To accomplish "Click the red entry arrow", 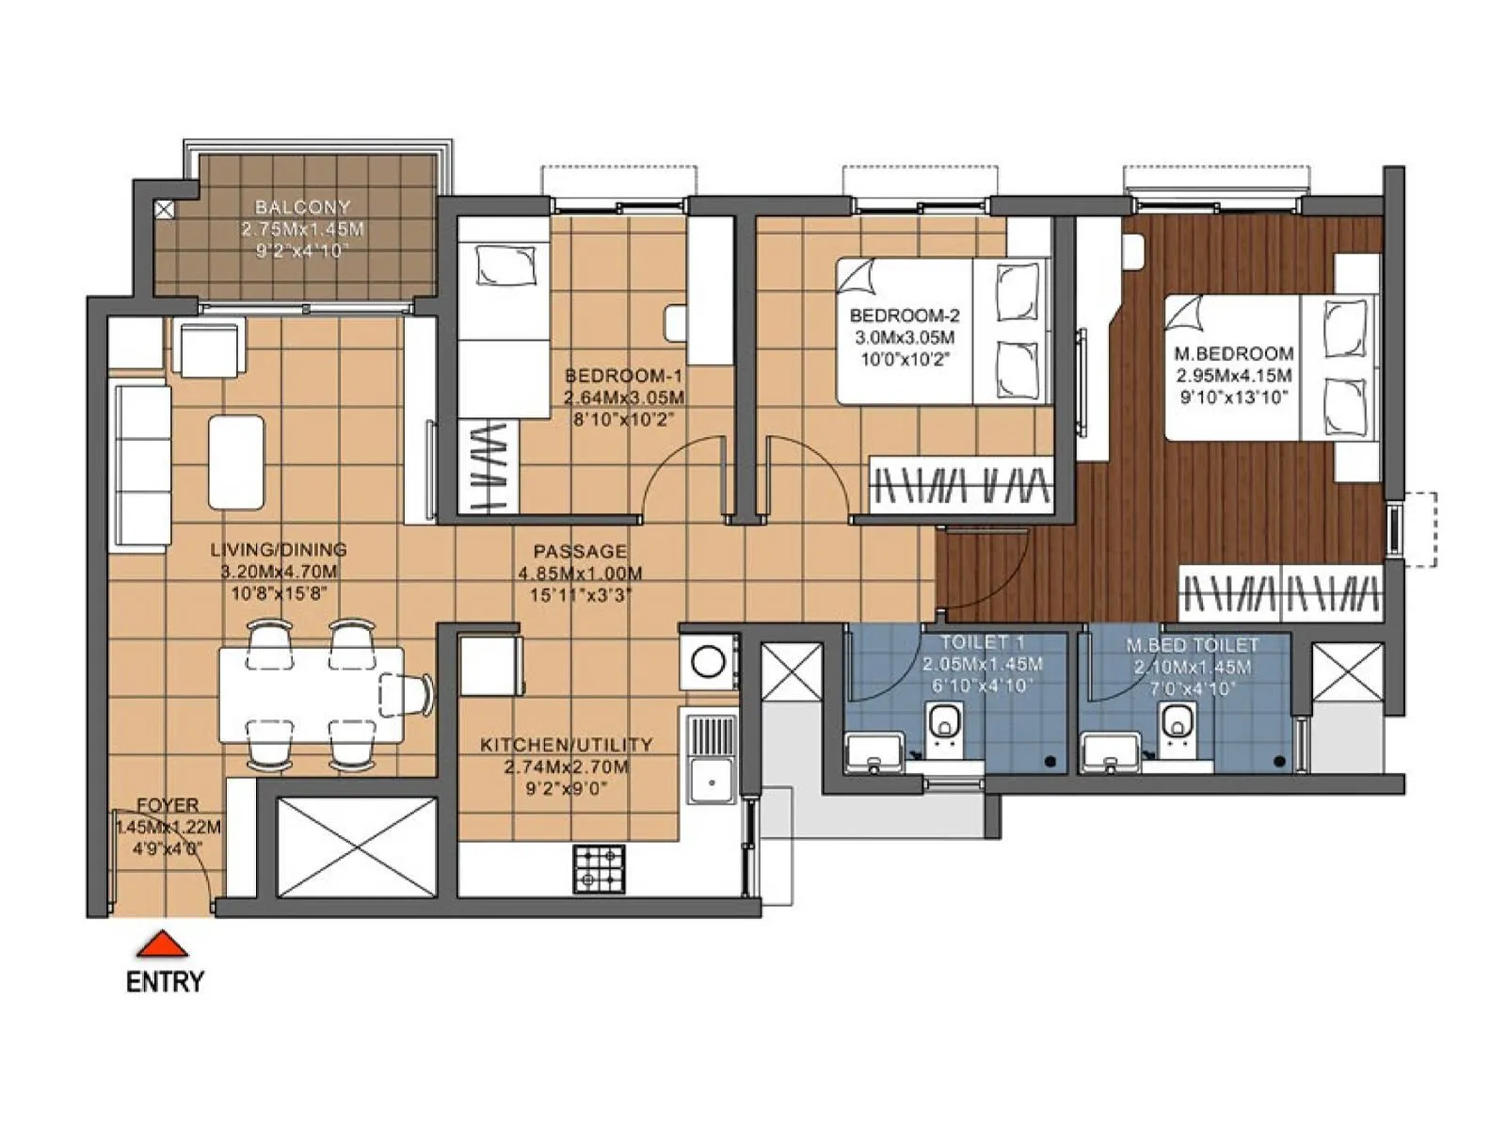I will (163, 944).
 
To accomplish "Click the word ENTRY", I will (165, 982).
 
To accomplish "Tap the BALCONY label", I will (302, 207).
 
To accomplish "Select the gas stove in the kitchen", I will (600, 869).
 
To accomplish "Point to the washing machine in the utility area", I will (708, 661).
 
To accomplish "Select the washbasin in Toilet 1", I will (874, 753).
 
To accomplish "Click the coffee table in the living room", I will (236, 461).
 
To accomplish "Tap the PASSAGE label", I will (580, 552).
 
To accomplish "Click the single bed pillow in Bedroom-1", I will (505, 265).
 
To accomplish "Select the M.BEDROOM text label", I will (1234, 354).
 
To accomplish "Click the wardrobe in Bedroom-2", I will (960, 485).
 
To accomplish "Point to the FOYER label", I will (168, 805).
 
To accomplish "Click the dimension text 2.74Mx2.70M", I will (566, 767).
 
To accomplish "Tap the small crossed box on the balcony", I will (164, 210).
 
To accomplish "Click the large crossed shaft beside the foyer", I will (358, 847).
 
